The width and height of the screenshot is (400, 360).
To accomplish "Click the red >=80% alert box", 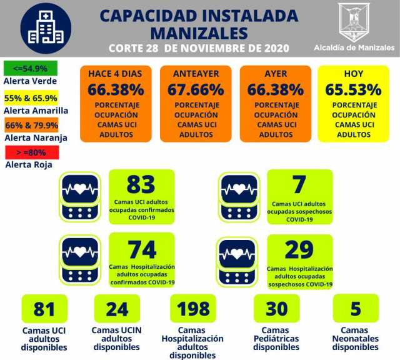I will click(x=30, y=152).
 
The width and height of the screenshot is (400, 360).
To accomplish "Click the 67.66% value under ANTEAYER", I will click(x=196, y=89).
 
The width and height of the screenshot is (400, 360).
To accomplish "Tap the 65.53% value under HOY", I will click(x=353, y=89).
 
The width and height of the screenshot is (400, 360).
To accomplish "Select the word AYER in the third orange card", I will click(x=275, y=74).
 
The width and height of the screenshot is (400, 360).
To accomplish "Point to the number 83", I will click(x=141, y=185).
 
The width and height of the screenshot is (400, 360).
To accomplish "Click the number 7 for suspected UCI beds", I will click(x=299, y=185).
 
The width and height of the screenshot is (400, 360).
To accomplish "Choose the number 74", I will click(x=141, y=249).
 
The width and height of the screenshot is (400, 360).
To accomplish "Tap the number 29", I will click(x=299, y=249).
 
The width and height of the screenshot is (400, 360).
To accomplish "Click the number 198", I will click(x=193, y=309).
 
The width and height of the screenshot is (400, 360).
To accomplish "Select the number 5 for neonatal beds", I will click(x=355, y=309).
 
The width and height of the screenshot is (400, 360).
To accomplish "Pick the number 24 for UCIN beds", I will click(x=117, y=309).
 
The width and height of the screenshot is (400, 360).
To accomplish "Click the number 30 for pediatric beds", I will click(x=276, y=309).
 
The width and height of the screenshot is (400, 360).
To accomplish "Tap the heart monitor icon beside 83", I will click(x=80, y=196).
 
